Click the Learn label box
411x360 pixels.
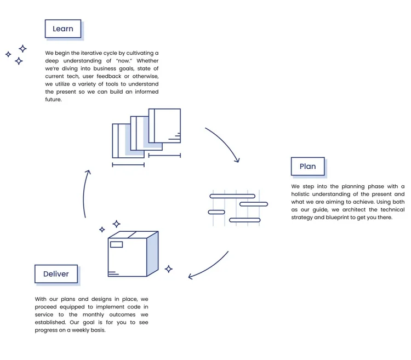63,29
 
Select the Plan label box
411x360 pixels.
307,167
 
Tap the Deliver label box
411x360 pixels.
56,274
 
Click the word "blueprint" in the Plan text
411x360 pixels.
333,217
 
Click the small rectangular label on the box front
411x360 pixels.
116,244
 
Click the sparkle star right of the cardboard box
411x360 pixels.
169,268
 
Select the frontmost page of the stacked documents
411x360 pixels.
164,126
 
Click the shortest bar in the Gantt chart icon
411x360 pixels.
216,212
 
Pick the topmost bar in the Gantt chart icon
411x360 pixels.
232,196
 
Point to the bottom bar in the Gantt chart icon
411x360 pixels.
244,220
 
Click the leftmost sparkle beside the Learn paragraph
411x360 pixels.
8,54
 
